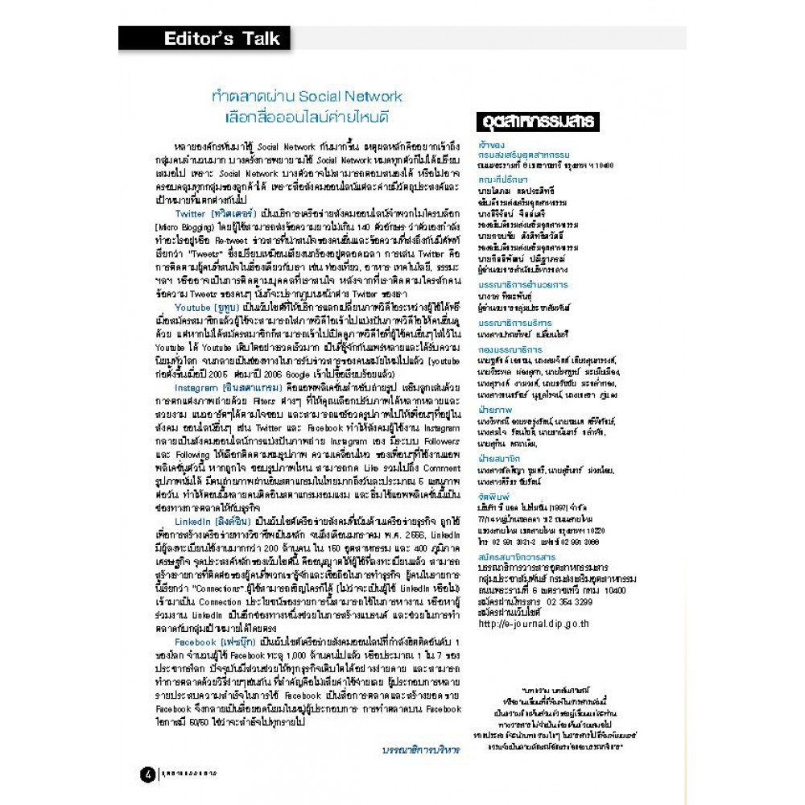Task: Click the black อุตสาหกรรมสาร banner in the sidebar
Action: pyautogui.click(x=536, y=122)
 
